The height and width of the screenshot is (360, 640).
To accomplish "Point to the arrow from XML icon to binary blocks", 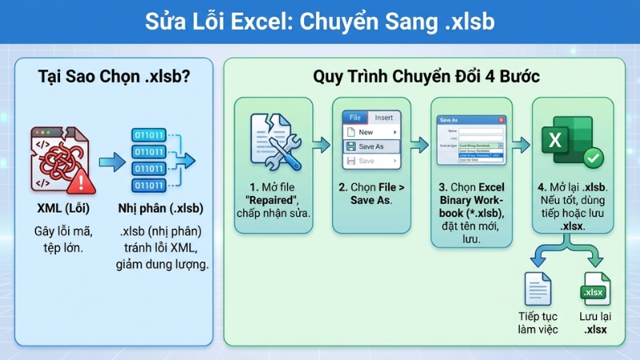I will click(x=111, y=160).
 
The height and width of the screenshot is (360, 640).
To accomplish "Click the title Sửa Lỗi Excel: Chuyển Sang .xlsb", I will click(x=320, y=21).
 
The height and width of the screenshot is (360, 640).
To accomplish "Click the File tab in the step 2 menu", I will click(x=355, y=118).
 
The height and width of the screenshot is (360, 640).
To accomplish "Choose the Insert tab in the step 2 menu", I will click(x=384, y=118).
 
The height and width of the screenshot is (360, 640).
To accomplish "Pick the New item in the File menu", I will click(x=366, y=132).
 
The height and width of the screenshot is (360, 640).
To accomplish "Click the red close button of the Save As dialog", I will click(x=501, y=119).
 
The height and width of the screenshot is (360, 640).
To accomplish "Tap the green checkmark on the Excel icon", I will click(x=593, y=157).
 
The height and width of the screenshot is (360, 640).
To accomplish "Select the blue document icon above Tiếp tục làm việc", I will click(x=535, y=289).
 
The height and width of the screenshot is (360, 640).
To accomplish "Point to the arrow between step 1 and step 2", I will click(x=322, y=144).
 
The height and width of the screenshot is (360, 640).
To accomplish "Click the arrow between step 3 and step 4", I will click(x=521, y=144).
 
